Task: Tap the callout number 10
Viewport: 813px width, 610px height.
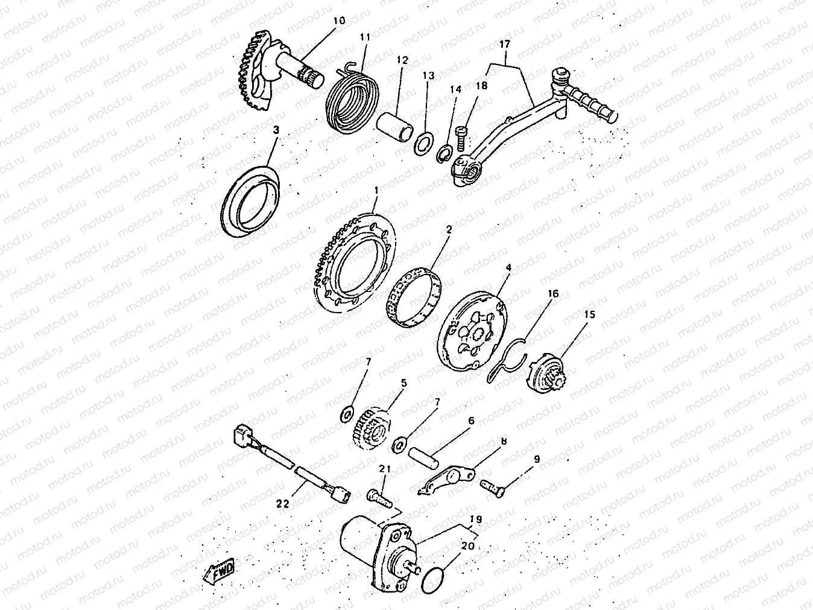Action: (x=339, y=21)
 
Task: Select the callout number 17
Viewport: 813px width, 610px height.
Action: (x=504, y=44)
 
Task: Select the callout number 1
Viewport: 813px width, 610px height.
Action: (x=377, y=191)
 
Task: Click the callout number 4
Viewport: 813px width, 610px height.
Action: (x=508, y=267)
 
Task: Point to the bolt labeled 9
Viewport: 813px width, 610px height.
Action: (x=493, y=488)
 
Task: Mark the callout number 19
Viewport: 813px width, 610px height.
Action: (x=476, y=519)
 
